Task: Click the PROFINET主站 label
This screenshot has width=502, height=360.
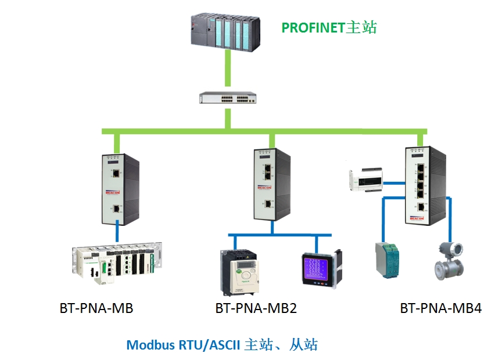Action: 329,27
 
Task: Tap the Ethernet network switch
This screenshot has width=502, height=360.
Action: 227,98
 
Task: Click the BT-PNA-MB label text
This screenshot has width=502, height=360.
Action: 96,308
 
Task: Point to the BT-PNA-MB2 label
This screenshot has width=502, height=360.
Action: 256,308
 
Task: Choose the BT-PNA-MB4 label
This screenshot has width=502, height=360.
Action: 440,308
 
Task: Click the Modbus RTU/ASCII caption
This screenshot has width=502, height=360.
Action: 222,344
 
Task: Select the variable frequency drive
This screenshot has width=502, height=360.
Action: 239,271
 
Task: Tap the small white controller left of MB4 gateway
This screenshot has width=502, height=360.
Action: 365,180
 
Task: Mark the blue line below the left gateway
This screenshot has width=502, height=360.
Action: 118,231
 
